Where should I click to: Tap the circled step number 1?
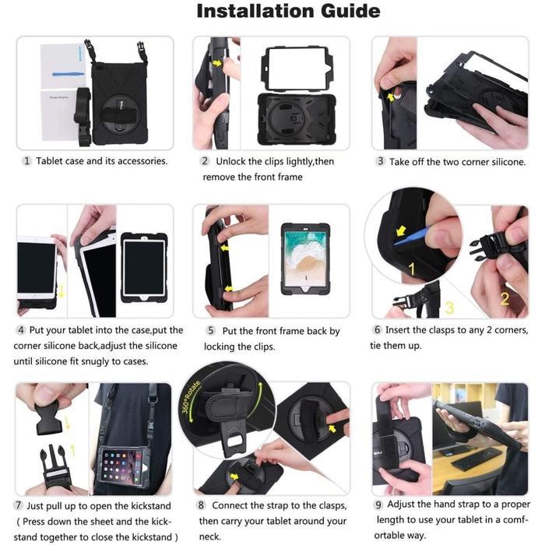coord(26,161)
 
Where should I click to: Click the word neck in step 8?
coord(209,536)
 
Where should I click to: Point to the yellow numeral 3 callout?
coord(448,308)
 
